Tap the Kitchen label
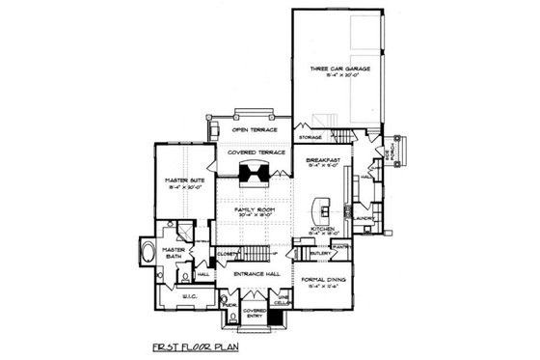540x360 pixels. point(323,230)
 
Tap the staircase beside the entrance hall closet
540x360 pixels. point(255,254)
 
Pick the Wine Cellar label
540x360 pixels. point(283,300)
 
